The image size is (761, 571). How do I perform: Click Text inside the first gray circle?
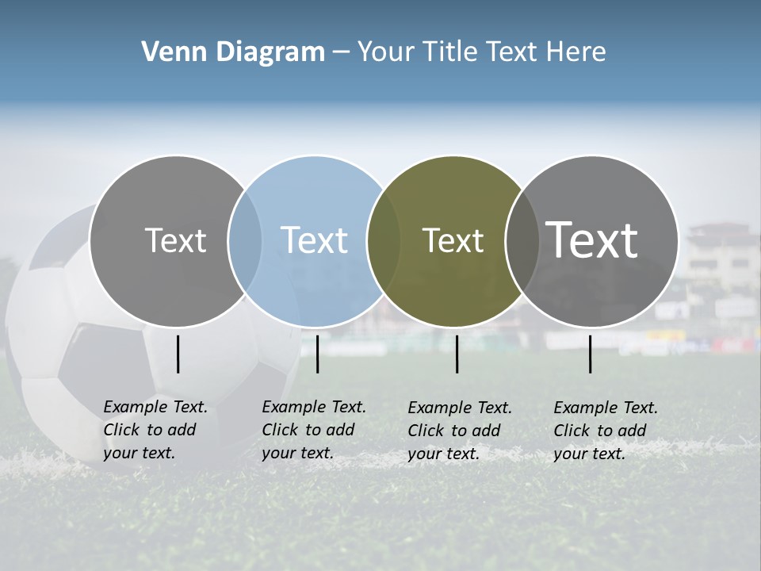click(175, 240)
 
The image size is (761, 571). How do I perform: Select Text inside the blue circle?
click(314, 240)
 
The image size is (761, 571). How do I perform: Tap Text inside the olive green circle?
click(453, 240)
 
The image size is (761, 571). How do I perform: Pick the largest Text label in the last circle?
click(592, 240)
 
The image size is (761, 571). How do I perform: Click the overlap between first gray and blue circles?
click(245, 240)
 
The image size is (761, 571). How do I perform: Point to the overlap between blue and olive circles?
click(384, 240)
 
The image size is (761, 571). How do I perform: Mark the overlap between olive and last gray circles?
click(522, 240)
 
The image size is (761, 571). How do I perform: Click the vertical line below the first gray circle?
click(178, 354)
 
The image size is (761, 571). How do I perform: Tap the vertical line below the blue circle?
click(317, 354)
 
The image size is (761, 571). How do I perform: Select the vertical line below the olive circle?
click(457, 354)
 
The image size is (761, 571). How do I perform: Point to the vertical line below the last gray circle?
click(591, 354)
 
